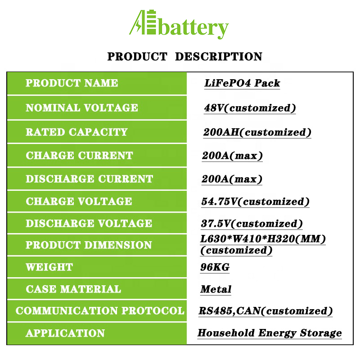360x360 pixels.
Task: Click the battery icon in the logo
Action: tap(151, 22)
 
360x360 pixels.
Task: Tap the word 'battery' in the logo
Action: tap(193, 29)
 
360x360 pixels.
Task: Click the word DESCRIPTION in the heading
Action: tap(218, 57)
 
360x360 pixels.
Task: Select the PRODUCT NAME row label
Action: tap(72, 83)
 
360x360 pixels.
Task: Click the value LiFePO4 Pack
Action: tap(242, 83)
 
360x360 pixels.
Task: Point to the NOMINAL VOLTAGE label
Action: tap(82, 108)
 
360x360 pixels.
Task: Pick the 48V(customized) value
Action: tap(250, 108)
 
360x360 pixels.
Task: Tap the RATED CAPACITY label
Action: tap(76, 132)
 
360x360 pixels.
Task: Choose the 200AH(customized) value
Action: tap(257, 132)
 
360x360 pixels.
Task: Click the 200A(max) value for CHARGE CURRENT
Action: tap(232, 156)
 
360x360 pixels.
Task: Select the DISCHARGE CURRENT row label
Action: tap(89, 179)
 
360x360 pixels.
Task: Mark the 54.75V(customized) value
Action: tap(255, 202)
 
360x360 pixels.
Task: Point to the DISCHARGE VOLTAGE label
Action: tap(89, 223)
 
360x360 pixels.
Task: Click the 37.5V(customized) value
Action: tap(252, 224)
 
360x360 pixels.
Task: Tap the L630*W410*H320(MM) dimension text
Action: tap(263, 239)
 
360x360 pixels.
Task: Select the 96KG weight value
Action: tap(215, 267)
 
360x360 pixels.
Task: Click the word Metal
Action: tap(216, 289)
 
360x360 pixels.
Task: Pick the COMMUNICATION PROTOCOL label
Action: tap(100, 310)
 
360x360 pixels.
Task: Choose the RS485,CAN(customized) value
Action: tap(265, 311)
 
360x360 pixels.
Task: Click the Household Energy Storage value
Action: tap(270, 333)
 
